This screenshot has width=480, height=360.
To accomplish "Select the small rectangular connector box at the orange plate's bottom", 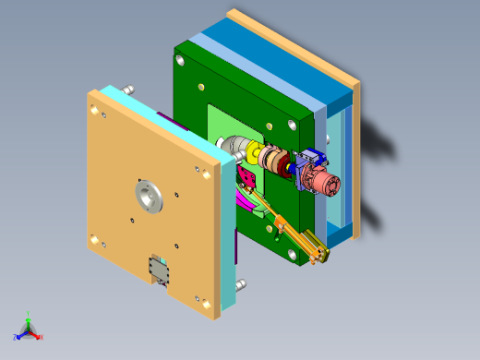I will (x=162, y=270).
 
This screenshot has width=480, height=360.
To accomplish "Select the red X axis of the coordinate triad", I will (x=39, y=336).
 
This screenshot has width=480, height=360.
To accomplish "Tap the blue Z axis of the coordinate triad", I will (x=18, y=334).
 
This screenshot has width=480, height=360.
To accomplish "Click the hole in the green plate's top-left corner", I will (x=179, y=61).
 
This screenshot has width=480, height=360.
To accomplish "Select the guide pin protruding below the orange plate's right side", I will (x=241, y=283).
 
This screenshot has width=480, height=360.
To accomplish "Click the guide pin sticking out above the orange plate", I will (x=129, y=88).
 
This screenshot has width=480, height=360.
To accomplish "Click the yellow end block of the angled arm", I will (x=319, y=255).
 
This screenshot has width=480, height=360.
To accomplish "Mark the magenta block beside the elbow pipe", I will (x=246, y=177).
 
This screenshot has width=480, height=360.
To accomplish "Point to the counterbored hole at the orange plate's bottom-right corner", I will (x=197, y=297).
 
